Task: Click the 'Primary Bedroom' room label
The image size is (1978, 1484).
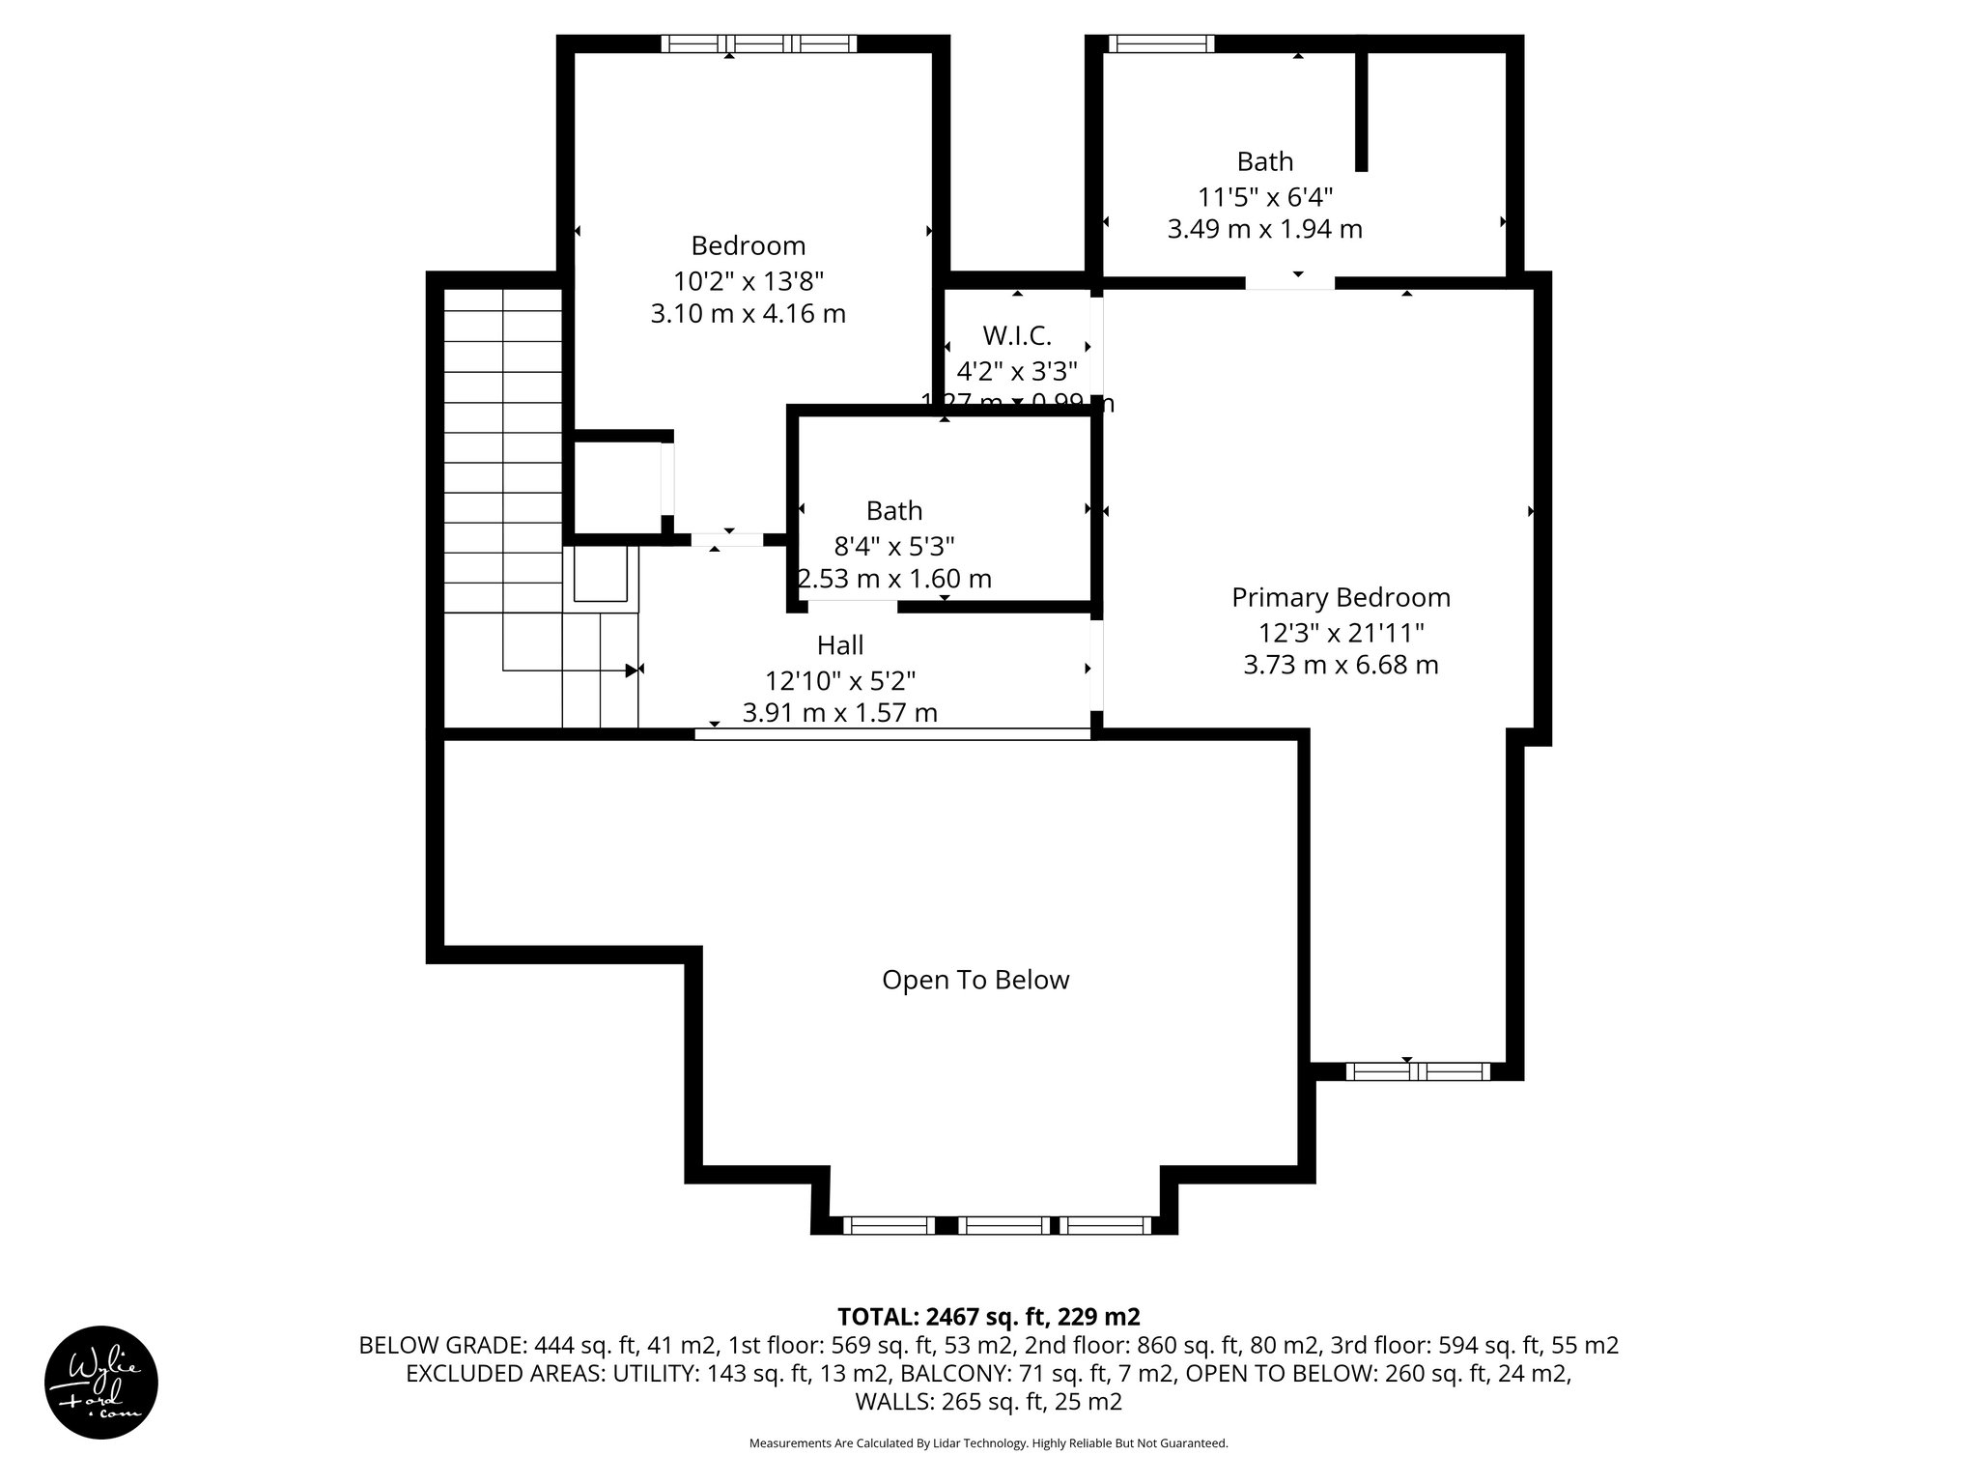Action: click(x=1341, y=598)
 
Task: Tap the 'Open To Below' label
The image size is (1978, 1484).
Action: click(x=975, y=981)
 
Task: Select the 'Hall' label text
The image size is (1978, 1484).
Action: click(x=840, y=645)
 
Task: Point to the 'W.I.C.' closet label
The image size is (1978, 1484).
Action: click(x=1016, y=336)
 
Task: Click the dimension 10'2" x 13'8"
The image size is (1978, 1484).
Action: click(x=749, y=281)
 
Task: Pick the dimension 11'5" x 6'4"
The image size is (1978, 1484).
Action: click(x=1265, y=197)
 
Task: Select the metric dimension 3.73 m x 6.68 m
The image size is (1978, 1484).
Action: click(x=1341, y=666)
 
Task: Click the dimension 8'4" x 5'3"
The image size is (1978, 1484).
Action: click(x=894, y=547)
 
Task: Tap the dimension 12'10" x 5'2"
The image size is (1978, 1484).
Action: click(x=840, y=681)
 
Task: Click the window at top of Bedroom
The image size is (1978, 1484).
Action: click(x=759, y=43)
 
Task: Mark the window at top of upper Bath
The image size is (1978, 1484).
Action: click(x=1160, y=43)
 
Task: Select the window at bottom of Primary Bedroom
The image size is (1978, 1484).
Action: click(x=1417, y=1070)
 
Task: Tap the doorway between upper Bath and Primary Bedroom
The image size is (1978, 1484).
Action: click(x=1289, y=282)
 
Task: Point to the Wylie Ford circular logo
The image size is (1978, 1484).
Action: click(x=101, y=1383)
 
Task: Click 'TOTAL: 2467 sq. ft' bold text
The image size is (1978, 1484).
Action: click(x=988, y=1317)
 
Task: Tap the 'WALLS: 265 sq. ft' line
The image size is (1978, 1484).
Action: click(x=988, y=1401)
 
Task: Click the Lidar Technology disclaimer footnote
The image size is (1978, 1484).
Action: click(x=988, y=1443)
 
